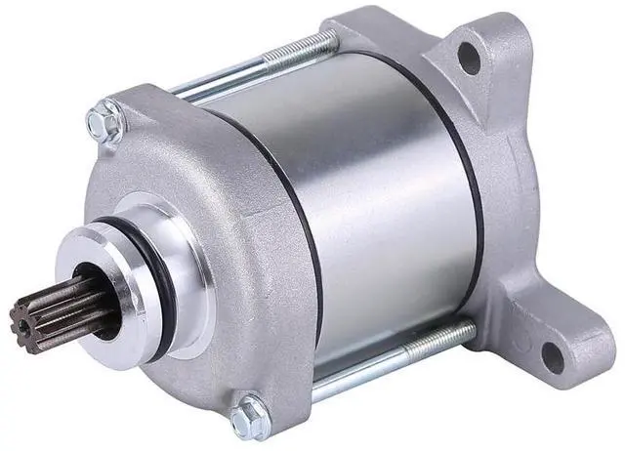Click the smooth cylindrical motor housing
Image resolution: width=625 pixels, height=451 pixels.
pos(391,195)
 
